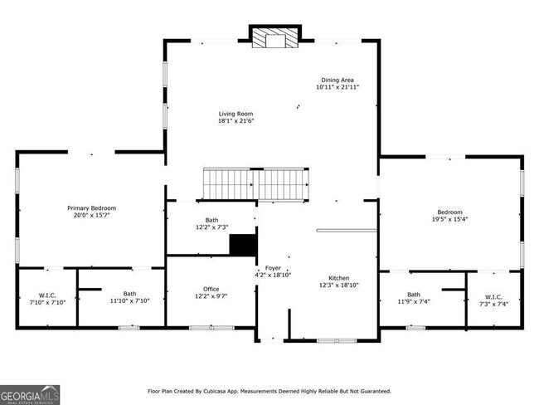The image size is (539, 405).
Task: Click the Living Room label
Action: click(236, 114)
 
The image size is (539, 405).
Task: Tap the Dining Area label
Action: click(336, 80)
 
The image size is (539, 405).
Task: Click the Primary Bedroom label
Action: click(91, 207)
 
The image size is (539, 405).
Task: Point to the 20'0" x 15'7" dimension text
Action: click(91, 215)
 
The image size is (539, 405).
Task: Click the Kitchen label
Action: click(338, 278)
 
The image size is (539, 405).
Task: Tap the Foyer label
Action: click(273, 268)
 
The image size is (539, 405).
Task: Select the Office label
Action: click(211, 289)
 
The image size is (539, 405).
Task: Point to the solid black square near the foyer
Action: click(242, 246)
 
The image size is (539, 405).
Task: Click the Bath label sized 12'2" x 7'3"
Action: click(211, 220)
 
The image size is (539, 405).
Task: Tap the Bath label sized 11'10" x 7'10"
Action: click(130, 293)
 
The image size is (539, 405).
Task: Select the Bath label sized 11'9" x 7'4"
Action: click(413, 295)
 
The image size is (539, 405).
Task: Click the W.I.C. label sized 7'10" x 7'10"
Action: click(47, 295)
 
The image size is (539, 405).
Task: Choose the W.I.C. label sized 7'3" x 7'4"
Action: click(493, 297)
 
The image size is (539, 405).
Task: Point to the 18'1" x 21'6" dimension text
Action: click(236, 121)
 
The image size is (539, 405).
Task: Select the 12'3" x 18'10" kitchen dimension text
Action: click(338, 285)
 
